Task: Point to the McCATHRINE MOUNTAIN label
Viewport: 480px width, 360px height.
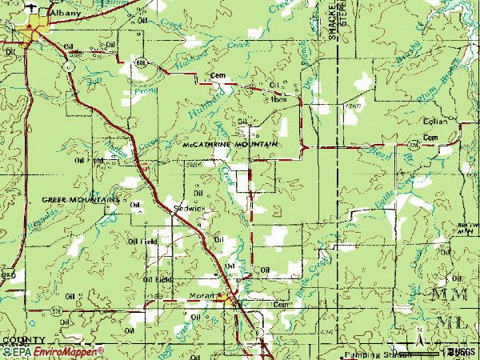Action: pyautogui.click(x=228, y=144)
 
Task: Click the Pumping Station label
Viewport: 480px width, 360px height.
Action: pyautogui.click(x=365, y=352)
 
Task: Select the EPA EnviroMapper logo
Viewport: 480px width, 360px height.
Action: pyautogui.click(x=53, y=351)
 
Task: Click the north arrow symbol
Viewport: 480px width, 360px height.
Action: pyautogui.click(x=417, y=333)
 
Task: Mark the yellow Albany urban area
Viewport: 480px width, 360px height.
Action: pyautogui.click(x=37, y=34)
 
